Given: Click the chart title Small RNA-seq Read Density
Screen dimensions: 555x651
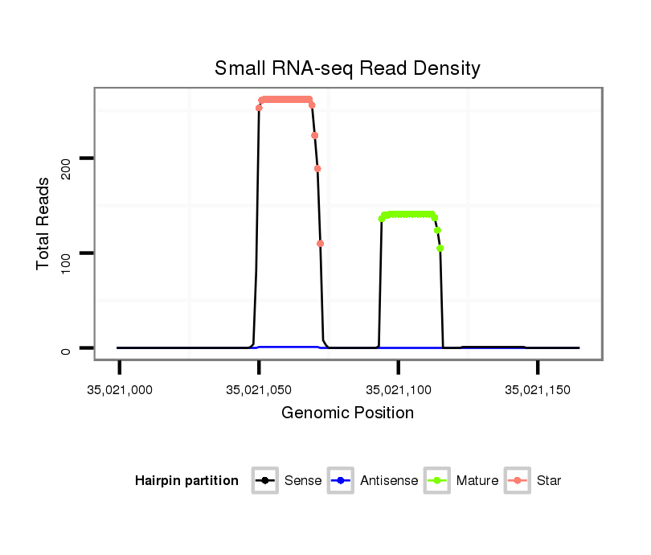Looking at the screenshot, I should (347, 68).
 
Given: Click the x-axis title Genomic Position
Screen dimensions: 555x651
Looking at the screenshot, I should (347, 413).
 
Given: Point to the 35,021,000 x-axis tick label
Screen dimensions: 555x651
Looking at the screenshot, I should (120, 390).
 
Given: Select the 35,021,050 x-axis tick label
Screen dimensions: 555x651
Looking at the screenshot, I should (259, 390).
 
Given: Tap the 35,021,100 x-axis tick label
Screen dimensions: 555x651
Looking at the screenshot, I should (399, 390).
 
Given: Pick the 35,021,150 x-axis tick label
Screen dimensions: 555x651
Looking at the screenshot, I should (538, 390).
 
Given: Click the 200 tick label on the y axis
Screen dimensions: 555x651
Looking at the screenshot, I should (67, 158).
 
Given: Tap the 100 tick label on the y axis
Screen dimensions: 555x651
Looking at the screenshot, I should (67, 253).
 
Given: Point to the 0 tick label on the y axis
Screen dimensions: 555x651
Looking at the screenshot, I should (67, 348).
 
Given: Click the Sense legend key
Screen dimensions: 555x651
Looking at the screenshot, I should (265, 481).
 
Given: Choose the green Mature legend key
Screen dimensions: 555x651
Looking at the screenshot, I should (437, 481).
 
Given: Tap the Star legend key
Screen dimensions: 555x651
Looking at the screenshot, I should (518, 481).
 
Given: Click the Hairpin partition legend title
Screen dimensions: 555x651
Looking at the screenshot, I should (186, 481).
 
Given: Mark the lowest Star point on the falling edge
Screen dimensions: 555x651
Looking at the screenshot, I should (321, 244).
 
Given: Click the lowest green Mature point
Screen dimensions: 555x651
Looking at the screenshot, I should (440, 249).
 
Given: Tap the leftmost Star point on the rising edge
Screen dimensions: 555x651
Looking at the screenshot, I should (259, 108).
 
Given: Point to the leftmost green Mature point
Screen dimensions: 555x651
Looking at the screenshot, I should (381, 219).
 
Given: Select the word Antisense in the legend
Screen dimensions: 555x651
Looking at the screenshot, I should (389, 481).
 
